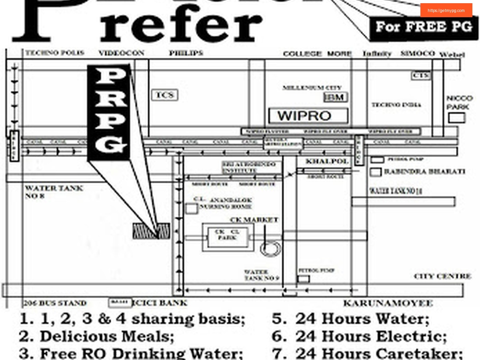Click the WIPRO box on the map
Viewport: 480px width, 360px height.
pyautogui.click(x=308, y=116)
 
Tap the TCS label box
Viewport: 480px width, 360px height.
pyautogui.click(x=164, y=95)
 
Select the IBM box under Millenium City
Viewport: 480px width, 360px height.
pyautogui.click(x=336, y=97)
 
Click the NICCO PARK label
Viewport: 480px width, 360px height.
pyautogui.click(x=459, y=102)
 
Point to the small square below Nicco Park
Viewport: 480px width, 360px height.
pyautogui.click(x=456, y=118)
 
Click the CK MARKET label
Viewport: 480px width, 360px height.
pyautogui.click(x=254, y=220)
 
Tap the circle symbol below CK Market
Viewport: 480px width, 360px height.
pyautogui.click(x=268, y=248)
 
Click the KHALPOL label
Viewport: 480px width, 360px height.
pyautogui.click(x=327, y=162)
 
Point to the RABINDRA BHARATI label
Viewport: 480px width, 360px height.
pyautogui.click(x=424, y=172)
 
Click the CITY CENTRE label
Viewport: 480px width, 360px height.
pyautogui.click(x=442, y=276)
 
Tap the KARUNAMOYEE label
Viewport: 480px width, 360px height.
pyautogui.click(x=388, y=303)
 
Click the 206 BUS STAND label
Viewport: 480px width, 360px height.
pyautogui.click(x=55, y=303)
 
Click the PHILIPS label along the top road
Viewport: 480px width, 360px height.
pyautogui.click(x=186, y=53)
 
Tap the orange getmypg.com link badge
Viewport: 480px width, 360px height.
pyautogui.click(x=446, y=10)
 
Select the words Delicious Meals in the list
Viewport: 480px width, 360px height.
pyautogui.click(x=107, y=336)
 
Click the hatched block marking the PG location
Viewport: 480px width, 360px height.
pyautogui.click(x=151, y=231)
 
